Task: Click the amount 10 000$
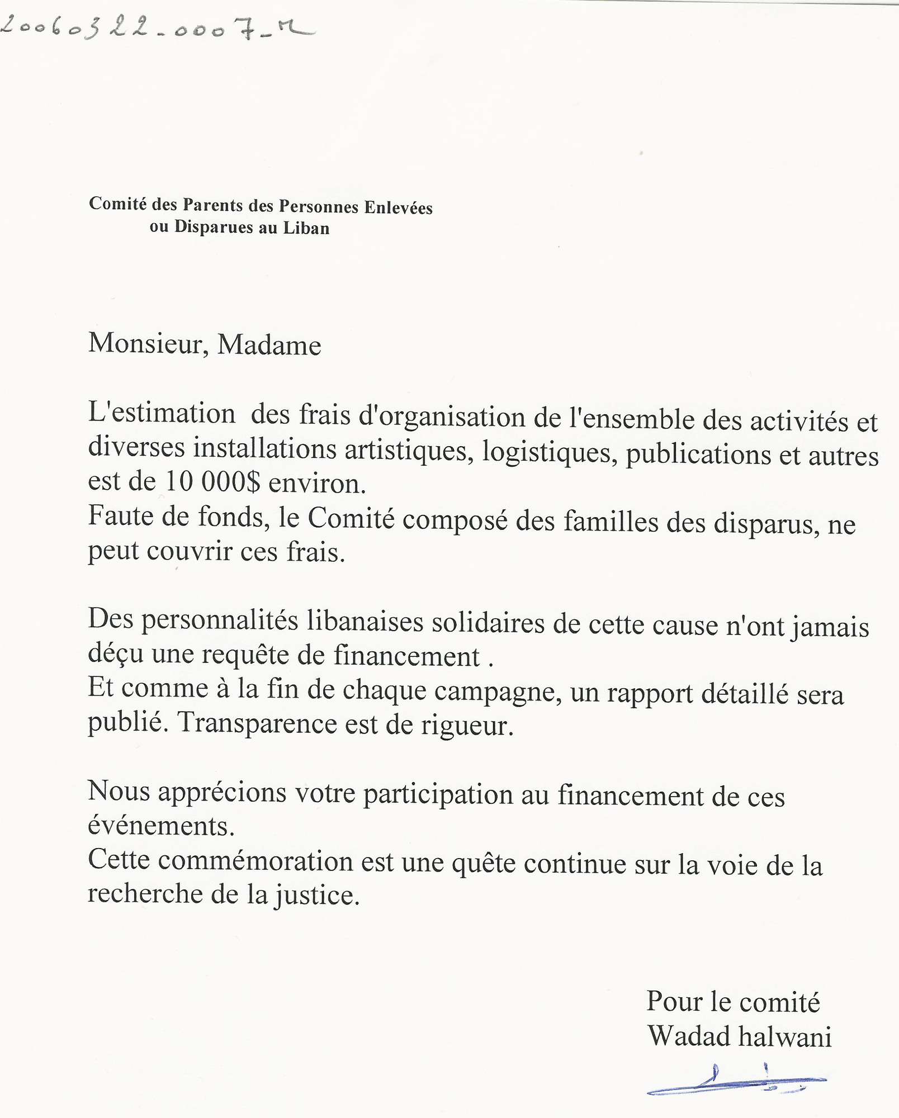(212, 482)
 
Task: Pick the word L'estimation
(162, 414)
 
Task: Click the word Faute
(120, 515)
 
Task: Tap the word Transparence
(257, 724)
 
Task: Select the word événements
(161, 825)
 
